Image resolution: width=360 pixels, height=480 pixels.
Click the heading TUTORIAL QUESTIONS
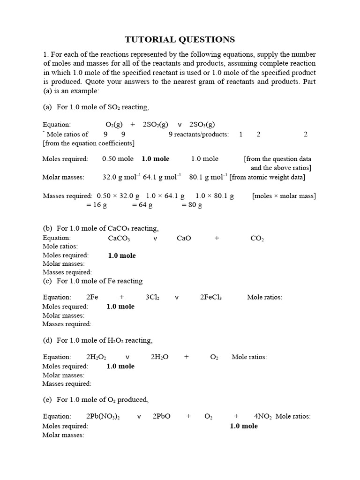click(180, 39)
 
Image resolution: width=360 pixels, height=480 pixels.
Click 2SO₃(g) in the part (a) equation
click(202, 125)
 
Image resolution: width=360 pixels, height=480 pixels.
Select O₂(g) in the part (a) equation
click(114, 125)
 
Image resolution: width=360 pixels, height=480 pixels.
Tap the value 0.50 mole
click(118, 159)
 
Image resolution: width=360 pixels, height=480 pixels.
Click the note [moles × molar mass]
click(284, 196)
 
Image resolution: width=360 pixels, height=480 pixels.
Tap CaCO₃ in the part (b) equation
click(119, 239)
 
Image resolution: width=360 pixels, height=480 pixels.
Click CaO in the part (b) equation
click(184, 239)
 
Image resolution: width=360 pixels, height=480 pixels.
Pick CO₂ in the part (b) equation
click(257, 239)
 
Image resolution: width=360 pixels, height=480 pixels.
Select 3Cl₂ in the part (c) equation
click(152, 298)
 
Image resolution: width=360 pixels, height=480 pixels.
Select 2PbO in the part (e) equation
click(161, 417)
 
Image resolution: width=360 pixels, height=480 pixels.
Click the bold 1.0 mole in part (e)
click(243, 426)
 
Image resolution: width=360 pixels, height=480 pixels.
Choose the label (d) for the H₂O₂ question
click(47, 340)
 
